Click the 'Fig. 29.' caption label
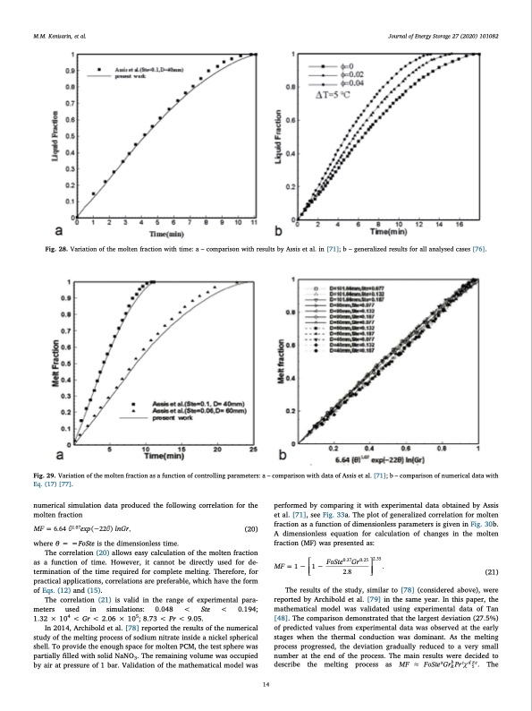tap(44, 466)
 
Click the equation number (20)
tap(251, 529)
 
